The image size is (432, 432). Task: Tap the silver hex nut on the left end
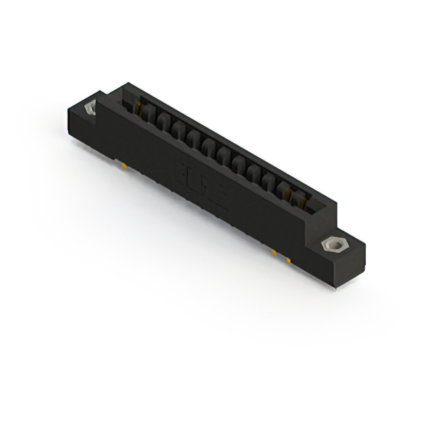[90, 108]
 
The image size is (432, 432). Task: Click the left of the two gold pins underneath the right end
[275, 252]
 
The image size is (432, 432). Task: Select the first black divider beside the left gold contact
[149, 116]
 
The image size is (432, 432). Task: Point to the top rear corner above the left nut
[101, 94]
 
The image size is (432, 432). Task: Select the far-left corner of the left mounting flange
[68, 111]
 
